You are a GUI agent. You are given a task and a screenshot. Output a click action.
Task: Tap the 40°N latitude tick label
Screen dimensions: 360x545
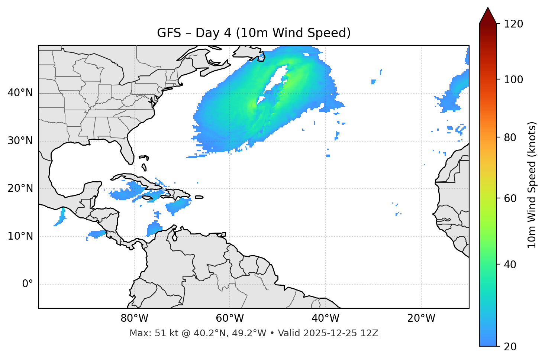(x=20, y=93)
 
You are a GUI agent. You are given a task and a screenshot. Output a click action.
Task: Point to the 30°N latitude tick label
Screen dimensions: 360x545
(x=20, y=141)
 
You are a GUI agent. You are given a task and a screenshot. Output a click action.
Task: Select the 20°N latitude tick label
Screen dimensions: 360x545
(x=20, y=188)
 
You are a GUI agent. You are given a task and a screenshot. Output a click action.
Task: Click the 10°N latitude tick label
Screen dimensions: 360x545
(x=20, y=236)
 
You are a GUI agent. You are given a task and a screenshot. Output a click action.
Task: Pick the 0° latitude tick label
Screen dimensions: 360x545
(x=28, y=284)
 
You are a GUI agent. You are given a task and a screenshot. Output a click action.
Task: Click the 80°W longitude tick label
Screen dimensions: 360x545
(x=134, y=318)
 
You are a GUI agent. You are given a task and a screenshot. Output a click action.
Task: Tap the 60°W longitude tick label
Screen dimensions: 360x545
(x=230, y=318)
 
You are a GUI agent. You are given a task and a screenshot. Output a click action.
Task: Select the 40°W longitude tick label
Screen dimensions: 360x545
(x=325, y=318)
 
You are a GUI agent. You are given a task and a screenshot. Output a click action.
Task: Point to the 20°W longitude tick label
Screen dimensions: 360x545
(x=421, y=318)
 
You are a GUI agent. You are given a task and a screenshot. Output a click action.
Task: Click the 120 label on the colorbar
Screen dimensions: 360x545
(x=513, y=24)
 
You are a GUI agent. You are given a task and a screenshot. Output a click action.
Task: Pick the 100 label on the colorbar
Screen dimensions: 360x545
(x=513, y=80)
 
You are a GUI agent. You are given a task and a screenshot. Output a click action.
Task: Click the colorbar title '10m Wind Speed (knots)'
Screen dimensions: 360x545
(x=532, y=185)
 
